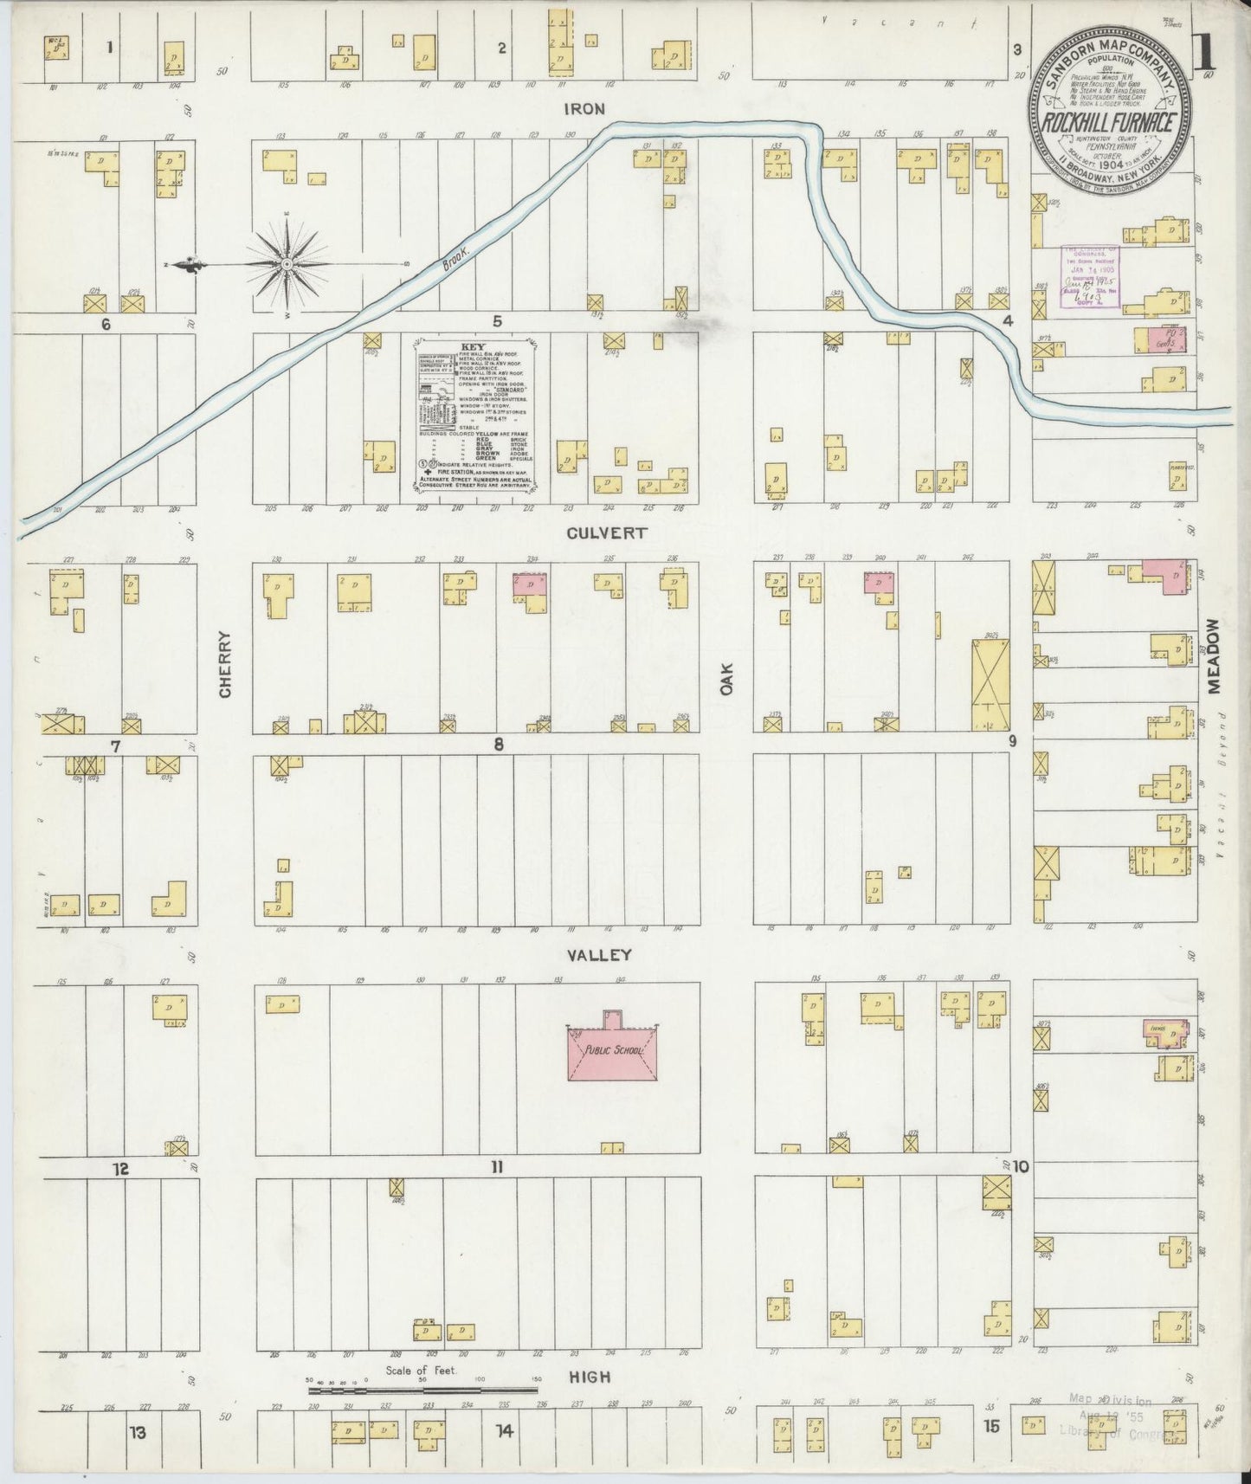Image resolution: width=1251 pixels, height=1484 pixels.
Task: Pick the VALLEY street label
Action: click(x=599, y=956)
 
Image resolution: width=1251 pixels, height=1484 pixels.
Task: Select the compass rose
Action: click(x=286, y=263)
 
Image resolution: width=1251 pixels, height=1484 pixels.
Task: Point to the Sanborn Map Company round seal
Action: click(x=1112, y=123)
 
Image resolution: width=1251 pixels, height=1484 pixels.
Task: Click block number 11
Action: click(x=496, y=1167)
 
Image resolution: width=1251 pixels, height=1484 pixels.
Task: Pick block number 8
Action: click(x=499, y=744)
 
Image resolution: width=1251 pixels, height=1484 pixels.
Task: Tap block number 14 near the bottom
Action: click(x=504, y=1431)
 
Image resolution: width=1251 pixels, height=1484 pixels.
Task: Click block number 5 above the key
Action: click(x=497, y=322)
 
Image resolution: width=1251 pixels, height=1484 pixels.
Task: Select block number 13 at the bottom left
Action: click(x=138, y=1431)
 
